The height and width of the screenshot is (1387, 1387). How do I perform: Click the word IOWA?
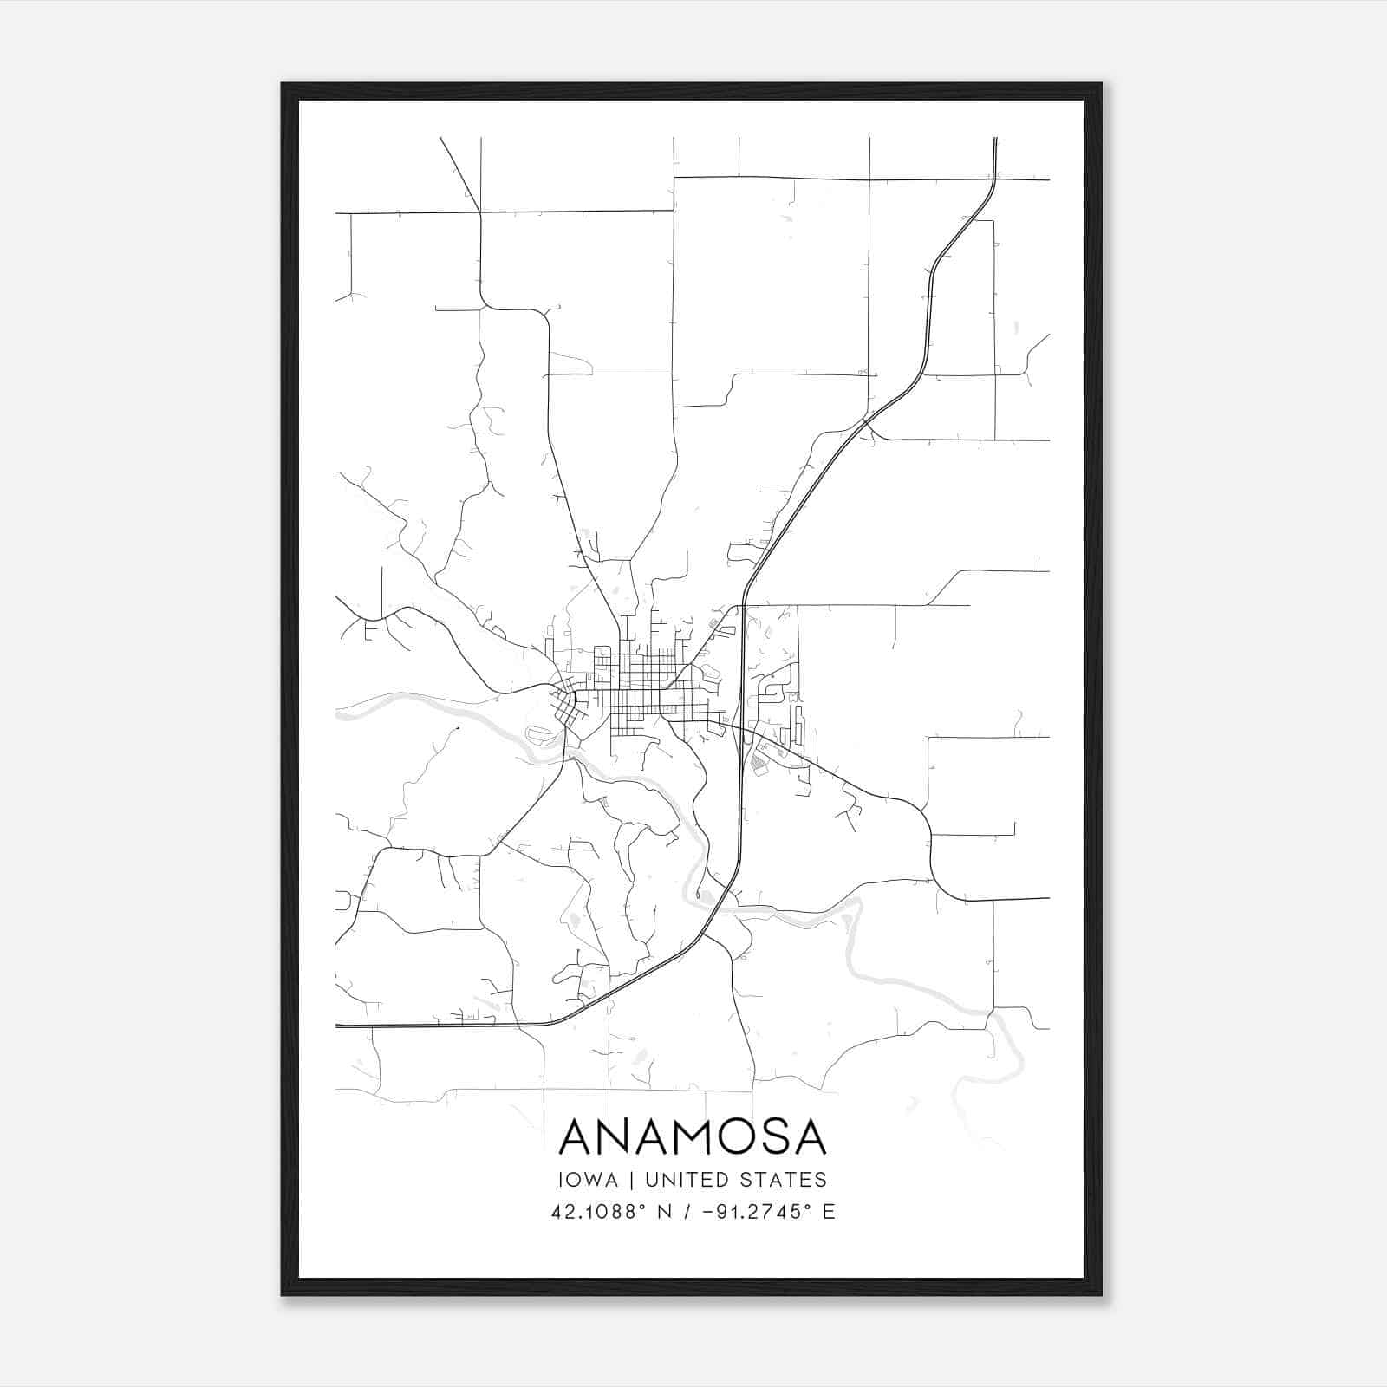pyautogui.click(x=594, y=1180)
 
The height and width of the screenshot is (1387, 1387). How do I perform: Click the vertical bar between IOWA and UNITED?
pyautogui.click(x=632, y=1180)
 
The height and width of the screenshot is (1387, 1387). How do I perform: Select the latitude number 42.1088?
pyautogui.click(x=596, y=1212)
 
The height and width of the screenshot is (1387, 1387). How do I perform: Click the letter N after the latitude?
pyautogui.click(x=667, y=1212)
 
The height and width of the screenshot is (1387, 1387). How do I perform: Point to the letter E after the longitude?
pyautogui.click(x=830, y=1212)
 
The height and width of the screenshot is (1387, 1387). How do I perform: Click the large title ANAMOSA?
pyautogui.click(x=693, y=1137)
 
